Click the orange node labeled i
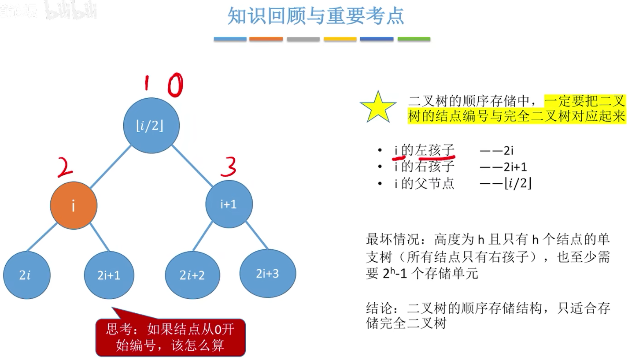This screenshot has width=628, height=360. click(x=73, y=206)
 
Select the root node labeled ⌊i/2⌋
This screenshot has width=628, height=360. click(x=151, y=126)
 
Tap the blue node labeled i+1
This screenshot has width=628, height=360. click(x=229, y=204)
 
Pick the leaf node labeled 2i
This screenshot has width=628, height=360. click(x=26, y=275)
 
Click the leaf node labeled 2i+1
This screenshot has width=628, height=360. click(x=109, y=275)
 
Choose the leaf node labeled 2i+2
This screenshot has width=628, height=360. click(x=192, y=275)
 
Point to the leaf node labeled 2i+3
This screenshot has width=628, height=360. click(x=268, y=274)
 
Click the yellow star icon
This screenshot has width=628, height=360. click(x=378, y=107)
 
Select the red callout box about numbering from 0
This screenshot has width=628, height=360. click(x=170, y=337)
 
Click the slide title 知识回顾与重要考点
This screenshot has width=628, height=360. click(x=315, y=17)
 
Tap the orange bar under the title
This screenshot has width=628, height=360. click(x=266, y=39)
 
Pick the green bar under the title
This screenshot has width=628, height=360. click(x=414, y=39)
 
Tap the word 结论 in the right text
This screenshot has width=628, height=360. click(x=377, y=308)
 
